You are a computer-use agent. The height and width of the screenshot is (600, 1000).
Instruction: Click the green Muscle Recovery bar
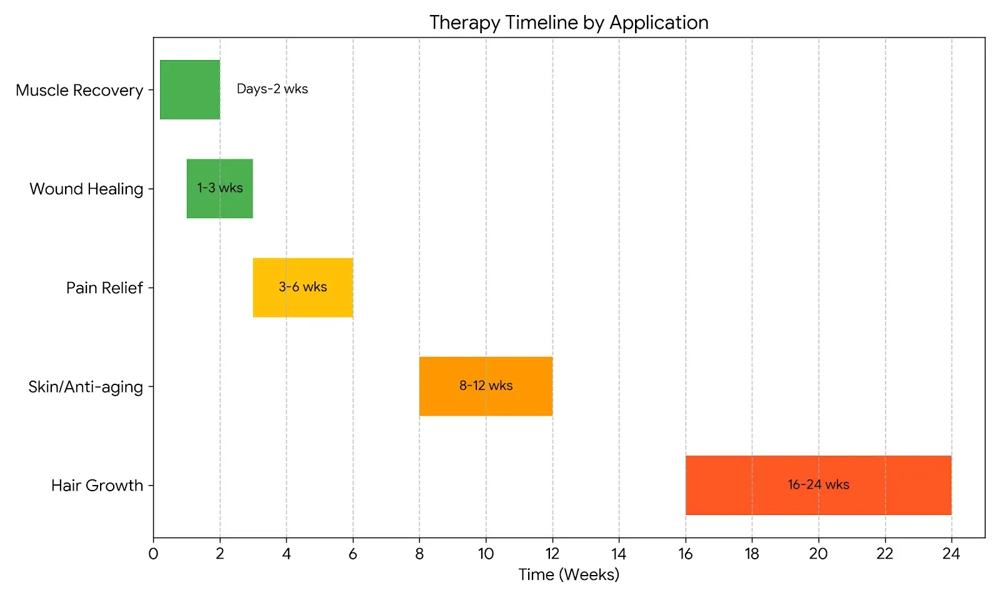tap(190, 89)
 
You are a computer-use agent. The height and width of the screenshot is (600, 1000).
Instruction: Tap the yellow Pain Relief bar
tap(302, 303)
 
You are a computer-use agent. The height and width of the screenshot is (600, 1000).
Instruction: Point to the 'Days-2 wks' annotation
tap(272, 89)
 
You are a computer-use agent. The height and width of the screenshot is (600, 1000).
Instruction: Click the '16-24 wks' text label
tap(818, 484)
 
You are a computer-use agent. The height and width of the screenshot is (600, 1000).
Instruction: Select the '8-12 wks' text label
tap(486, 386)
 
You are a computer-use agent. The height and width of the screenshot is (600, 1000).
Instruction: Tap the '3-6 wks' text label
tap(302, 287)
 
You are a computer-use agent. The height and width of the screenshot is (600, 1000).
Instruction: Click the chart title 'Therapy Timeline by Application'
tap(569, 22)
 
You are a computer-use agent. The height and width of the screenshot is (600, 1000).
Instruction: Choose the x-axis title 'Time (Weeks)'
tap(569, 574)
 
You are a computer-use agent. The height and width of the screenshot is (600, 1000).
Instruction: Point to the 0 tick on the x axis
tap(153, 554)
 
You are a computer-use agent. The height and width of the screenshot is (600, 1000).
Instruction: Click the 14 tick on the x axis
tap(619, 554)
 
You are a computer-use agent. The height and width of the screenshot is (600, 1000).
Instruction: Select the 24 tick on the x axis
tap(951, 554)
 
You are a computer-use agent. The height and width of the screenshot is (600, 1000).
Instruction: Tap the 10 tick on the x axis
tap(486, 554)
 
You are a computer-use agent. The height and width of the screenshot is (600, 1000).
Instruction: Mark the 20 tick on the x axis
tap(818, 554)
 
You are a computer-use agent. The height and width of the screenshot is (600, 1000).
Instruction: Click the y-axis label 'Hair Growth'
tap(97, 486)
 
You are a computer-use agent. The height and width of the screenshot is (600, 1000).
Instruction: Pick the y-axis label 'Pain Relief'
tap(104, 288)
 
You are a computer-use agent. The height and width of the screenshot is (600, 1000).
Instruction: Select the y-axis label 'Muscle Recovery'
tap(79, 91)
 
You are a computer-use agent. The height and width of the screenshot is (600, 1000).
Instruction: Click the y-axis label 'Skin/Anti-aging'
tap(86, 387)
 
